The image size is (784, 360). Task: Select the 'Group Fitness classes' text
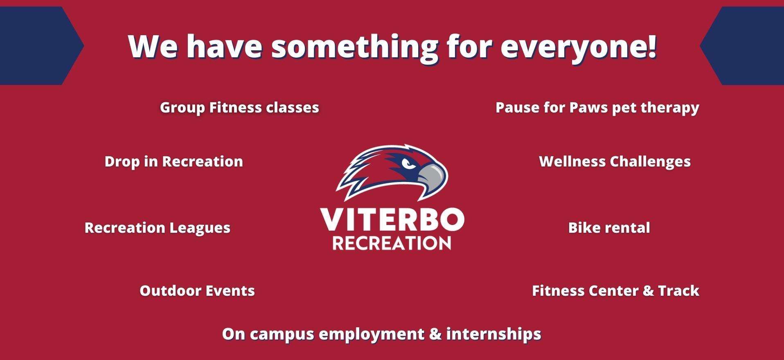click(x=239, y=108)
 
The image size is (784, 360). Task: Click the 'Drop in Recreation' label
click(x=174, y=162)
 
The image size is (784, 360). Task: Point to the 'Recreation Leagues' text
click(x=158, y=228)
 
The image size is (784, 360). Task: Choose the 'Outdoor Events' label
click(x=197, y=291)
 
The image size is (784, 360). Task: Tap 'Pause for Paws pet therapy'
click(x=597, y=108)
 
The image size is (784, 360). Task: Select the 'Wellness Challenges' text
click(x=615, y=162)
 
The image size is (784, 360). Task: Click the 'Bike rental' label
click(x=609, y=228)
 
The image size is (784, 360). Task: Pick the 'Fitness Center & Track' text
click(x=616, y=291)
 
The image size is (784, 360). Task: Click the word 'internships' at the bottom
click(x=494, y=334)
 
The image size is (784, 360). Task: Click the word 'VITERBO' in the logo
click(x=392, y=220)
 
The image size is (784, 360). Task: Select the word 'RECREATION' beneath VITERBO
click(x=392, y=243)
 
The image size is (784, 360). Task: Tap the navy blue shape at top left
click(x=39, y=46)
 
